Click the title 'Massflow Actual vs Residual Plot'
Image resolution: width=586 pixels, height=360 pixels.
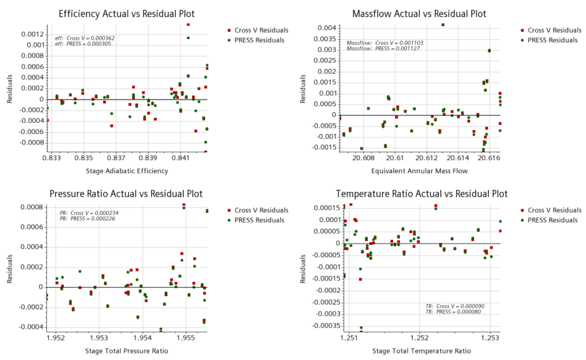click(x=419, y=14)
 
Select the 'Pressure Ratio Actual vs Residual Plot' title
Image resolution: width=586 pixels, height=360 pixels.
click(x=126, y=194)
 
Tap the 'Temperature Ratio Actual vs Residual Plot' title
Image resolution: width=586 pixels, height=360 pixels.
click(x=421, y=194)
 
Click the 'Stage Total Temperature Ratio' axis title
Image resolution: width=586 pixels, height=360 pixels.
click(x=421, y=351)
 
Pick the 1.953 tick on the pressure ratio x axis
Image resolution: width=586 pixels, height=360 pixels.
click(x=99, y=339)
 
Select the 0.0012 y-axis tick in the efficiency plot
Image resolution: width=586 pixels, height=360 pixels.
click(x=34, y=34)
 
